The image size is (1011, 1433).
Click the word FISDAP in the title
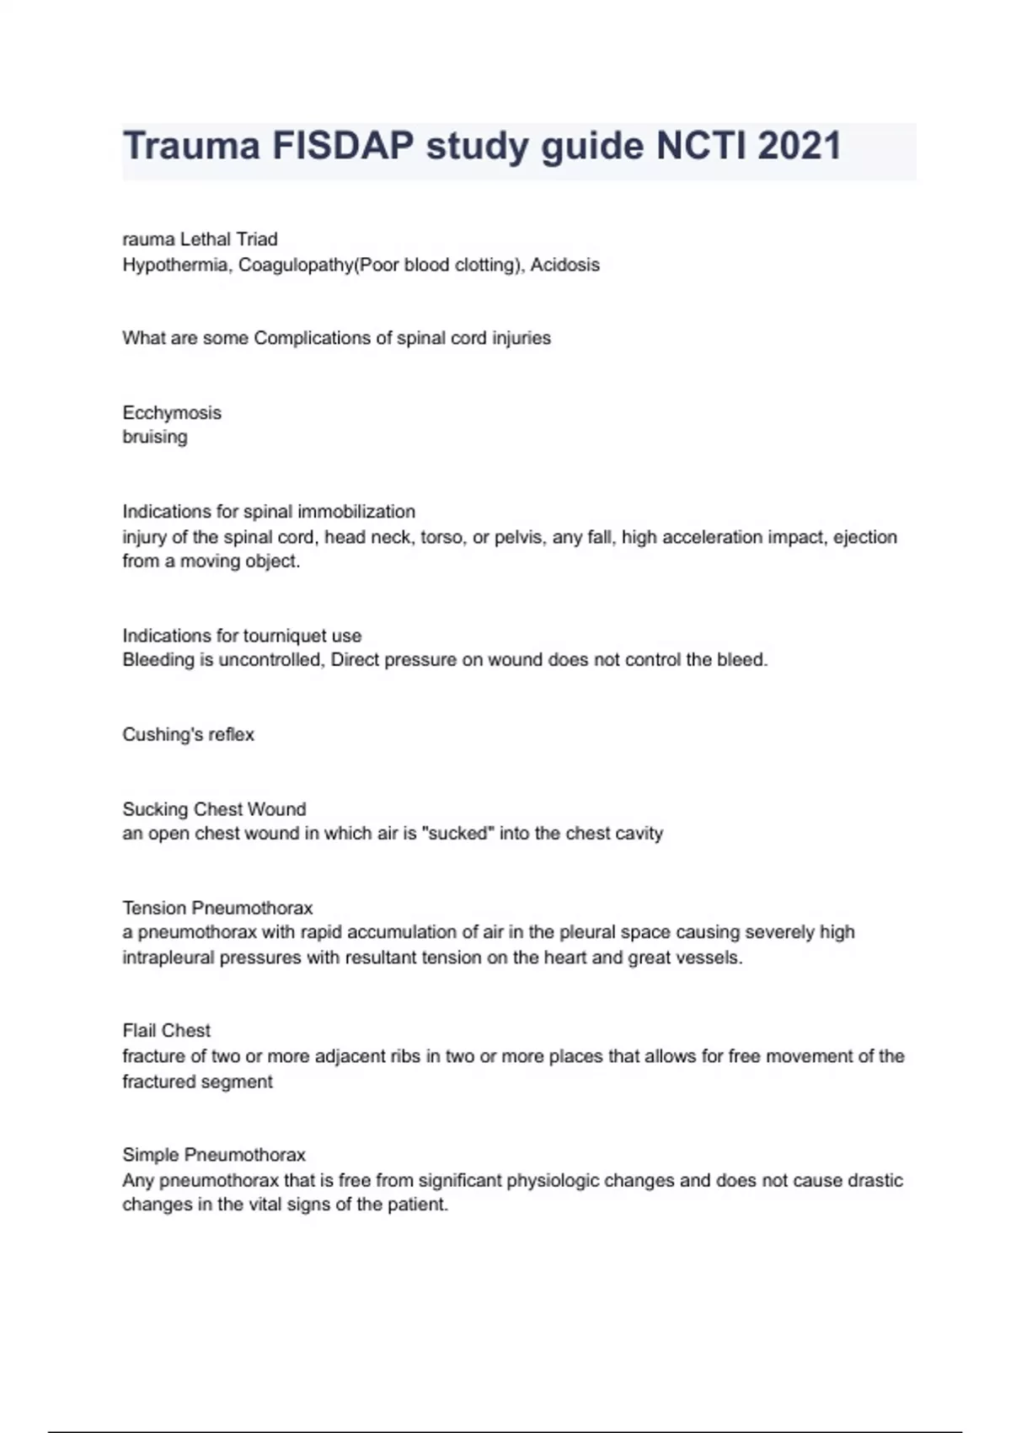click(343, 146)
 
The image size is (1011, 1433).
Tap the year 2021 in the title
click(799, 146)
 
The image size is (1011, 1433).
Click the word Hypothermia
click(177, 265)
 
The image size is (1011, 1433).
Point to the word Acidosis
click(564, 265)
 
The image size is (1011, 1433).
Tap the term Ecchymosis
click(172, 413)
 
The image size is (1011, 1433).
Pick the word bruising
click(155, 437)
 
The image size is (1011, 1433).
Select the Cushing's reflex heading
click(188, 734)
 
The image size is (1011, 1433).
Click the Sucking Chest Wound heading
click(214, 809)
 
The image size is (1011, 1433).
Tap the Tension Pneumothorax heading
click(217, 908)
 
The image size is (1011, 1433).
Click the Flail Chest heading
click(166, 1030)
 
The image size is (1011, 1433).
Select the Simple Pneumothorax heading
click(214, 1155)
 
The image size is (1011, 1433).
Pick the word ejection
click(864, 537)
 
